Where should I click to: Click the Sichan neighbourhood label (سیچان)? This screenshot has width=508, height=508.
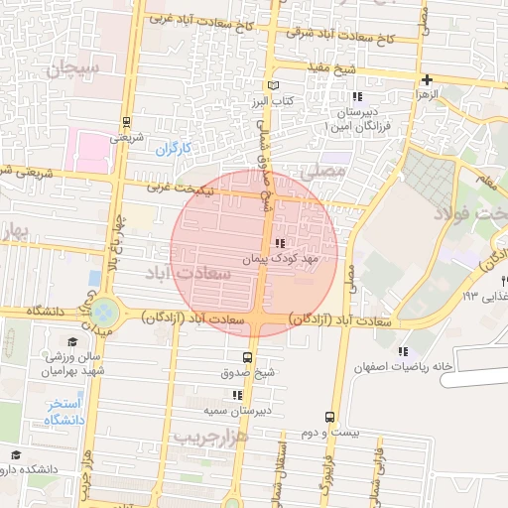(x=73, y=69)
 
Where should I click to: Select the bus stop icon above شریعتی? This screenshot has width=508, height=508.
(x=126, y=123)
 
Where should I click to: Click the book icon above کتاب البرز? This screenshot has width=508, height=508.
(x=275, y=85)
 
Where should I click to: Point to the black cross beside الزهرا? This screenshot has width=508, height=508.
(x=426, y=79)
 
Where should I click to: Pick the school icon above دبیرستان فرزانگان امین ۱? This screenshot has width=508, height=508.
(x=357, y=97)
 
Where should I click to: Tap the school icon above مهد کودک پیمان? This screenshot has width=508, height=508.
(x=280, y=242)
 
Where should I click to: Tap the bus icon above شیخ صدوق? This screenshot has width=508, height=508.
(x=247, y=358)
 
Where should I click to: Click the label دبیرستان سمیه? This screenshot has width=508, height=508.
(x=245, y=408)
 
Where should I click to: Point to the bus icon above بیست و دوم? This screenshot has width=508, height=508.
(x=329, y=418)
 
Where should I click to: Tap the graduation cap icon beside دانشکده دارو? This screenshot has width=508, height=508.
(x=15, y=455)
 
